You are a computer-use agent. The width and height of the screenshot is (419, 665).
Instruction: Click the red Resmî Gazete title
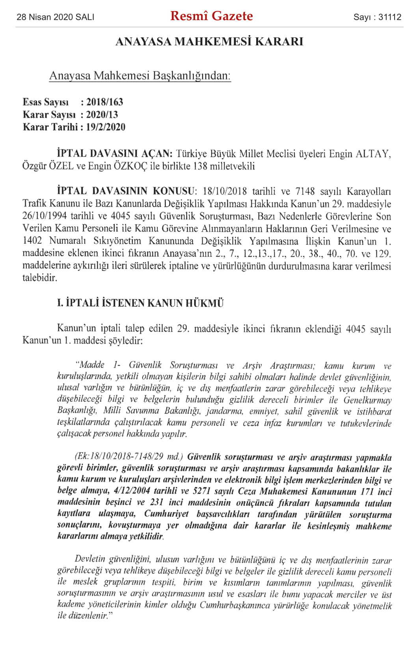coord(212,16)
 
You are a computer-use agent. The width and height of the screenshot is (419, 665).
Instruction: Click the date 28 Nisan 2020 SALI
coord(56,17)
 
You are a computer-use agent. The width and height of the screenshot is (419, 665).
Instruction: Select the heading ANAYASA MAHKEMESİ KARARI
coord(209,41)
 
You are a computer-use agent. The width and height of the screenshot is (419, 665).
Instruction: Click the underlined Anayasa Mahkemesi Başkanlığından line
coord(140,75)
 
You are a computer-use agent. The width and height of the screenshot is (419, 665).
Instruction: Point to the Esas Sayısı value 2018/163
coord(105,102)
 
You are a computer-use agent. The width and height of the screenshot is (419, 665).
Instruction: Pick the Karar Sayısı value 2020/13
coord(102,115)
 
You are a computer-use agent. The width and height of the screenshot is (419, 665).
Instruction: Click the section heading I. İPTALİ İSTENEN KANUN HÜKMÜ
coord(140,303)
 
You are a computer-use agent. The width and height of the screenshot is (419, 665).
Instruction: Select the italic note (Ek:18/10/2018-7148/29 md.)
coord(129,457)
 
